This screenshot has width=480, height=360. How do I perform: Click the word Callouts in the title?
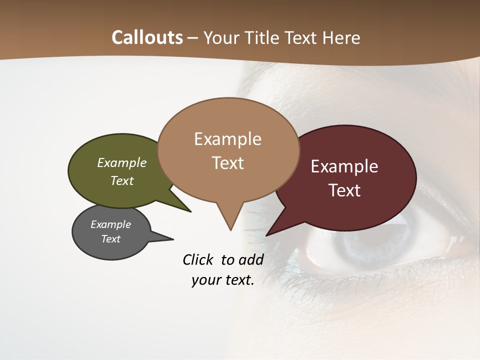(x=147, y=37)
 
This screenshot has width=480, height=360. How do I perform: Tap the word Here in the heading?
(x=342, y=37)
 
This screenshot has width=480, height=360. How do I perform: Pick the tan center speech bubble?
(x=228, y=150)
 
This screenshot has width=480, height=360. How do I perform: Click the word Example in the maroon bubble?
(x=344, y=166)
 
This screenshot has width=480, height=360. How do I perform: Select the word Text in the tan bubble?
(x=228, y=163)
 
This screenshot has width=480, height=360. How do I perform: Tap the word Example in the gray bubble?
(x=110, y=224)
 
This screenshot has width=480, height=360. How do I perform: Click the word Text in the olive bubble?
(x=122, y=180)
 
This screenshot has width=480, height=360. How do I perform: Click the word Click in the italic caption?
(x=197, y=259)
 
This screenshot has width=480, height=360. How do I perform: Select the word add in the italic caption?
(x=251, y=259)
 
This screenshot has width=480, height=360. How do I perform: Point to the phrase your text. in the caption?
(x=223, y=280)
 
